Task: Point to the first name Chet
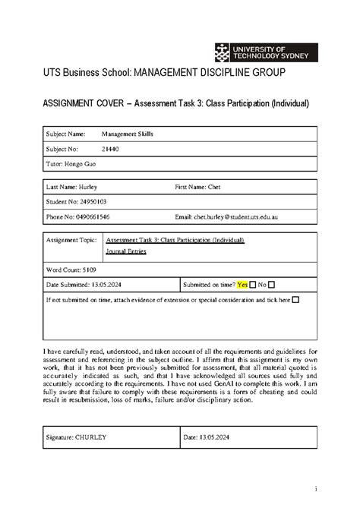229,186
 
